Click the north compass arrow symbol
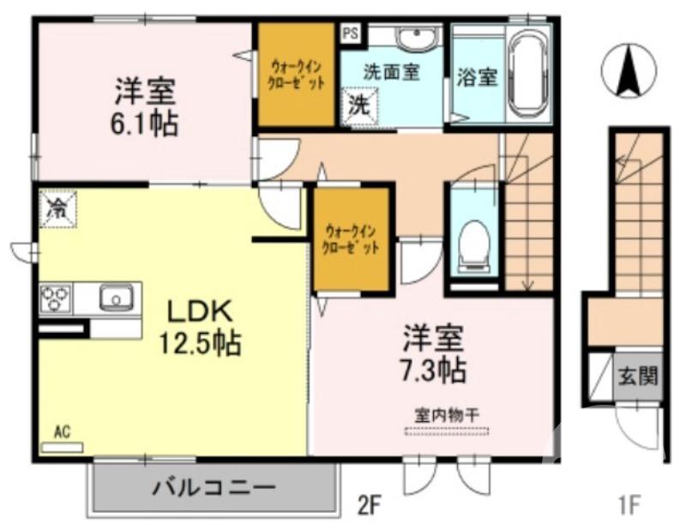(x=628, y=72)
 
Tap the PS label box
(x=350, y=33)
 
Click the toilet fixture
(x=473, y=241)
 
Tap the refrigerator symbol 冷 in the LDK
(x=57, y=207)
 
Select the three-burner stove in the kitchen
(x=56, y=298)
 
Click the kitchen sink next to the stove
(x=114, y=298)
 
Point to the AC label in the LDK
(x=61, y=431)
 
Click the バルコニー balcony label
(x=214, y=490)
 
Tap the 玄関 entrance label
(x=639, y=376)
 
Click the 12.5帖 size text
(x=198, y=343)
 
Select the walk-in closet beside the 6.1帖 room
(x=297, y=75)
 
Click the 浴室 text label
(x=478, y=75)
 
